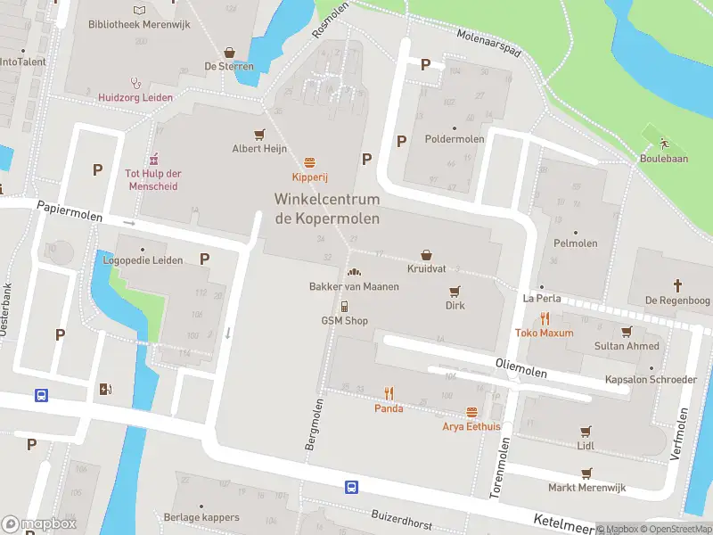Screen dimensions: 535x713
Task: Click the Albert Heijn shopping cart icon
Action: tap(259, 135)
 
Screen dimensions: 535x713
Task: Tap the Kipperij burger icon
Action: tap(309, 162)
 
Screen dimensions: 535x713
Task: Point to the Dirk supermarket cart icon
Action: tap(455, 291)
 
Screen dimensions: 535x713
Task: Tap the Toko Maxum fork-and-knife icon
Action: tap(545, 318)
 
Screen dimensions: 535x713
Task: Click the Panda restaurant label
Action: tap(389, 408)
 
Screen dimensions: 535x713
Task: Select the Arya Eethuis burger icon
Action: tap(471, 412)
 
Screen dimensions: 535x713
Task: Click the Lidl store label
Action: tap(586, 445)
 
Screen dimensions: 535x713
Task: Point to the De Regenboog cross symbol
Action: tap(676, 285)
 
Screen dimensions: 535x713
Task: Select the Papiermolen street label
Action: tap(70, 210)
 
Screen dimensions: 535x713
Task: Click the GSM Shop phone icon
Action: tap(344, 306)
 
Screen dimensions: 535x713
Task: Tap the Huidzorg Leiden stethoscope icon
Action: tap(135, 82)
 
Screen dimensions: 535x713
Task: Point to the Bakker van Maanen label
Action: tap(354, 286)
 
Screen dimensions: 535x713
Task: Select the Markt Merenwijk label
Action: tap(586, 488)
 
